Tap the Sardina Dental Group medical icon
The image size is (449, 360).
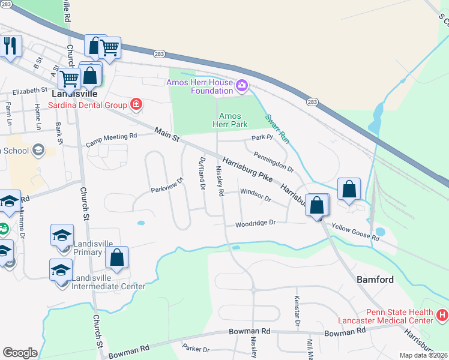[137, 105]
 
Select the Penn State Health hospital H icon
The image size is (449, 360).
[442, 314]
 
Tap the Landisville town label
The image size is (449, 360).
[74, 94]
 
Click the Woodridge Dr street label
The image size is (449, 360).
[255, 223]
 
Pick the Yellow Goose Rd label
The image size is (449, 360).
[355, 233]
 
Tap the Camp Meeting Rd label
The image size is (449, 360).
[112, 140]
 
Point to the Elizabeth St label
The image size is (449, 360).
[30, 90]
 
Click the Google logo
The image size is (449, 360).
[20, 353]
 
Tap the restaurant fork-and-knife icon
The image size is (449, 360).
[10, 46]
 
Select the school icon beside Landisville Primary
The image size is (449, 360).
[62, 236]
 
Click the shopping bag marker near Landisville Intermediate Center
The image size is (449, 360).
[118, 258]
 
